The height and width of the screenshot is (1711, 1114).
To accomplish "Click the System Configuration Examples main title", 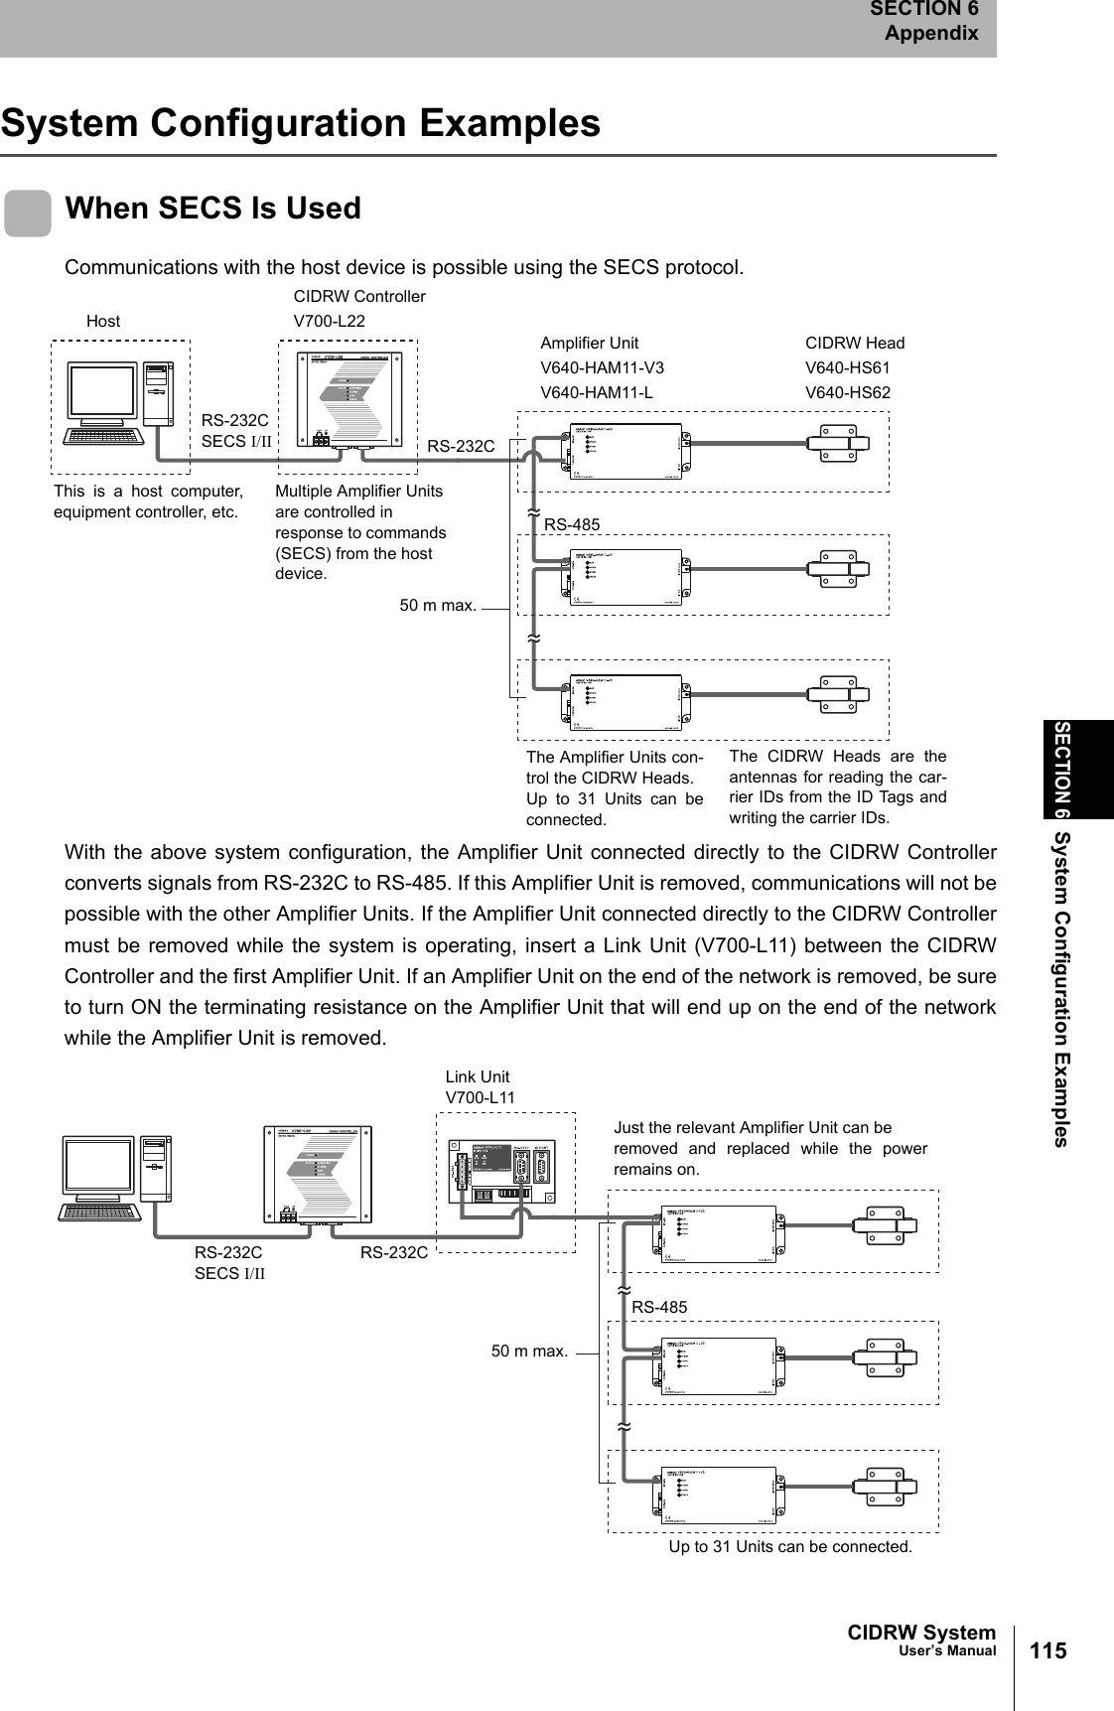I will [x=301, y=124].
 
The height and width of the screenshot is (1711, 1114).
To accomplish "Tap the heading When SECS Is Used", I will [x=212, y=209].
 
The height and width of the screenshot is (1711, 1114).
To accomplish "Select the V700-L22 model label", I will [x=329, y=321].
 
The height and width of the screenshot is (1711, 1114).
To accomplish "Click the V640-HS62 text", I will [x=847, y=392].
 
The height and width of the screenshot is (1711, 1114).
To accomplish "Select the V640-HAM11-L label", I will [x=596, y=392].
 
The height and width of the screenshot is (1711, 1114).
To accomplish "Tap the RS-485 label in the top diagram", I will [x=572, y=523].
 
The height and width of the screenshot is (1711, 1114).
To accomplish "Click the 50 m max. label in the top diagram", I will [x=437, y=605].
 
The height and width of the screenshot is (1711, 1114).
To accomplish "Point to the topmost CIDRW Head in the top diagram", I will [x=838, y=443].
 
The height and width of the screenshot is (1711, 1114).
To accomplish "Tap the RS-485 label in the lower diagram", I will [x=659, y=1308].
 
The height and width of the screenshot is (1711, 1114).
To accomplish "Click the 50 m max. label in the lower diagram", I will [x=529, y=1351].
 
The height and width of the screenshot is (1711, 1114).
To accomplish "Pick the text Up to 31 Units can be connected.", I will [x=790, y=1546].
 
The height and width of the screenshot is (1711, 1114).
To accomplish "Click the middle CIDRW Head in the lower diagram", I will [x=891, y=1357].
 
